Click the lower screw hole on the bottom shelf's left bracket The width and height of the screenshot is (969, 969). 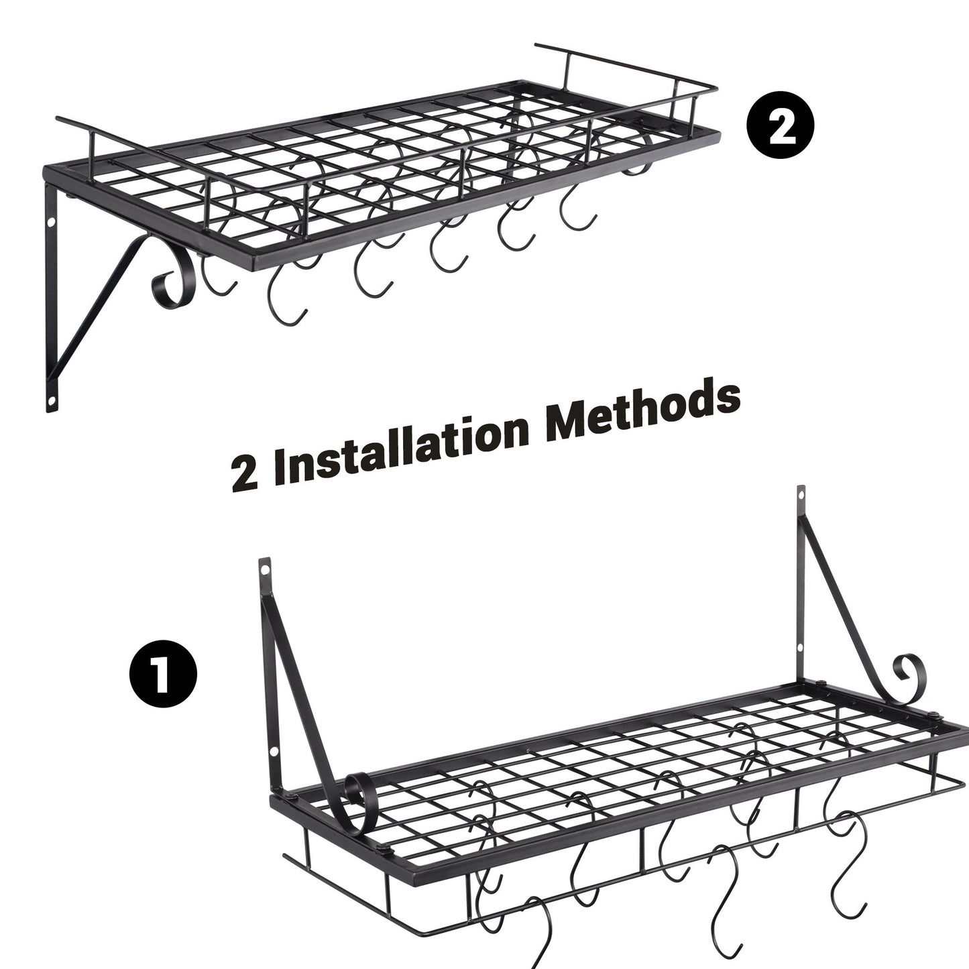(x=274, y=752)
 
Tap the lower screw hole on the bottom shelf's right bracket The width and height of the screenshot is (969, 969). (x=800, y=648)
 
